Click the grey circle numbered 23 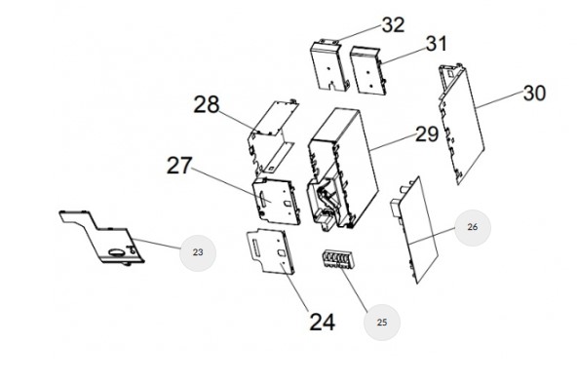[198, 253]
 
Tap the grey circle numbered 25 [382, 323]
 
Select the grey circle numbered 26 [473, 228]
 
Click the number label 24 [323, 323]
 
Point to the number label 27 [179, 166]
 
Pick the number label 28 [207, 104]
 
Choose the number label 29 [427, 134]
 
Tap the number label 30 [534, 94]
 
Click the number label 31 [437, 44]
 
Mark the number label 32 [393, 25]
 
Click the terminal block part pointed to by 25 [337, 259]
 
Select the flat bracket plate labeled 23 [101, 237]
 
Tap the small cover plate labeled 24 [270, 251]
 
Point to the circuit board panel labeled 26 [414, 230]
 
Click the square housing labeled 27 [276, 201]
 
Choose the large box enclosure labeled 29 [343, 170]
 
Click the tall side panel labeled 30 [461, 124]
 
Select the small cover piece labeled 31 [368, 71]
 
